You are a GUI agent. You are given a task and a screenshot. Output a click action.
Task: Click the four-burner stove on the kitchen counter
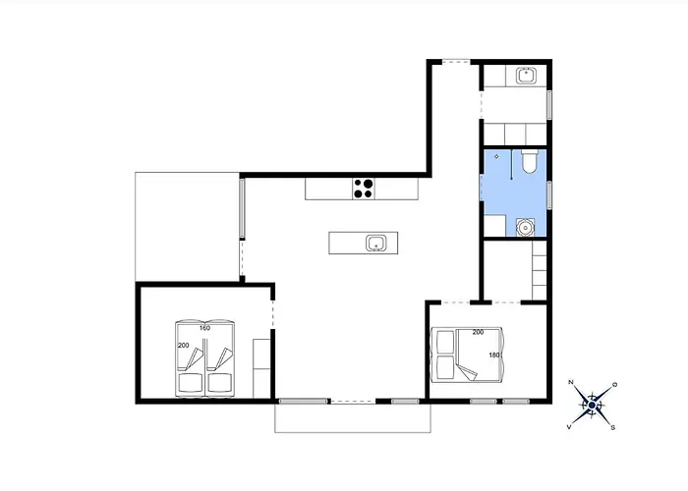[x=364, y=189]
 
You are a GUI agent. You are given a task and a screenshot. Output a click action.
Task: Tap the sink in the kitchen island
[x=376, y=243]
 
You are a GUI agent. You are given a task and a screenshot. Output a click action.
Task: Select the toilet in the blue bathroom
[x=529, y=161]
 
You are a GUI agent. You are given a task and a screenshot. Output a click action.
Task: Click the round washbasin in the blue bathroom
[x=525, y=227]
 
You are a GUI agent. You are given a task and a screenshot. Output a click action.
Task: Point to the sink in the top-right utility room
[x=526, y=76]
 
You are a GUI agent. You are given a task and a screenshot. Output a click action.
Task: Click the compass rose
[x=592, y=406]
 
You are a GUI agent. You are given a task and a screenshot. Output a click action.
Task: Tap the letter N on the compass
[x=571, y=382]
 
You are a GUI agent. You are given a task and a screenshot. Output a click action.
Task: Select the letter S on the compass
[x=613, y=427]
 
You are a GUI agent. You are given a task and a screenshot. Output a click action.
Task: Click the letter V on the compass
[x=569, y=426]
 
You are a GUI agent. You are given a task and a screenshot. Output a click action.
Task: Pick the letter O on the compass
[x=614, y=385]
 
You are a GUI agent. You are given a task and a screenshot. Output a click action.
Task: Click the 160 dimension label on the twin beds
[x=204, y=328]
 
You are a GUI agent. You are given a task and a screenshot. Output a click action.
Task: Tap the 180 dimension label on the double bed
[x=494, y=355]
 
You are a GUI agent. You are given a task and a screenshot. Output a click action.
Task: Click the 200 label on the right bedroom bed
[x=478, y=332]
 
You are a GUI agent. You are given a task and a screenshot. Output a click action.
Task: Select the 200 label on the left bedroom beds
[x=184, y=346]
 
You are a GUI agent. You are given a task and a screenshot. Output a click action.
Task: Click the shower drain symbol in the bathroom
[x=496, y=156]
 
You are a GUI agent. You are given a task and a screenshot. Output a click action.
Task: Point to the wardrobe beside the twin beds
[x=261, y=368]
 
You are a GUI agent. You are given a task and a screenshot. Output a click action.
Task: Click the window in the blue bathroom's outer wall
[x=548, y=195]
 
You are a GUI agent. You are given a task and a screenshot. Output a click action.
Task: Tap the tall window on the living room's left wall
[x=242, y=208]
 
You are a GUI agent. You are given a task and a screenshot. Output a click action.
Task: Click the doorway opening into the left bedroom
[x=273, y=314]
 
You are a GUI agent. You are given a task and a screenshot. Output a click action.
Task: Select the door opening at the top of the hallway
[x=456, y=62]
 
